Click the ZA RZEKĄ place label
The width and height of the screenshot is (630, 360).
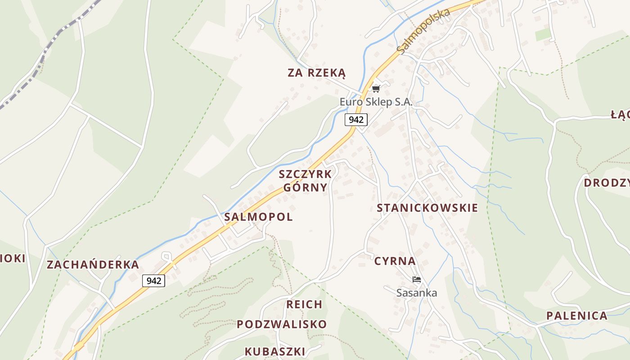pos(317,73)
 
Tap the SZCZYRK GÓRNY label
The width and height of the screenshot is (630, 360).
pos(305,180)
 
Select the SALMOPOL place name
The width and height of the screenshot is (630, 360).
pos(258,217)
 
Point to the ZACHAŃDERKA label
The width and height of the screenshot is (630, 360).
pos(93,265)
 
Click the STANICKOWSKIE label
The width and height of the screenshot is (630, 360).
pos(427,208)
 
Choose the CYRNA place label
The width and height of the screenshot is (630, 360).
pos(395,261)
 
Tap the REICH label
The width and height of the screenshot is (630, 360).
pos(304,305)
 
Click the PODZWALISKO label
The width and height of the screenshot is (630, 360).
pos(282,324)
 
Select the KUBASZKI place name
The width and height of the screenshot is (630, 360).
pos(275,351)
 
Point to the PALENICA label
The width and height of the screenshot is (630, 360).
pos(576,315)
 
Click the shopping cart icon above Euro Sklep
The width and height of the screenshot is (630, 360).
pos(376,89)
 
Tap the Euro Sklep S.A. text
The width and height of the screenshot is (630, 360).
pos(376,102)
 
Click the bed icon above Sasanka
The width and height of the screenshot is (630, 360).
pos(416,279)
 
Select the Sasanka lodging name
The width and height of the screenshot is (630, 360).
pos(416,293)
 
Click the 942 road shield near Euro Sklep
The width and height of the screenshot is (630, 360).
pos(356,120)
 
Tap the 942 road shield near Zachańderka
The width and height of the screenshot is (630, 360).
pos(153,281)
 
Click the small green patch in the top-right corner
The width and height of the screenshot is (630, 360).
pos(543,35)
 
